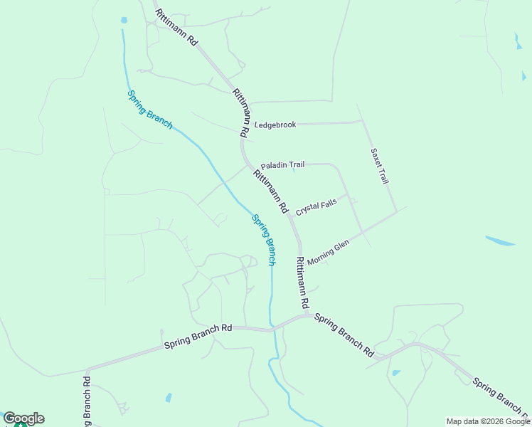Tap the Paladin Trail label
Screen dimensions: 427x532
click(282, 165)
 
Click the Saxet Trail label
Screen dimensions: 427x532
click(379, 166)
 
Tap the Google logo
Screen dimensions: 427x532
click(23, 418)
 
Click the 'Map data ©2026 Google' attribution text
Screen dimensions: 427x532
click(488, 421)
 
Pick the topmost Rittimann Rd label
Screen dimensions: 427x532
click(175, 28)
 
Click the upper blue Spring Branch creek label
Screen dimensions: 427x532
click(149, 110)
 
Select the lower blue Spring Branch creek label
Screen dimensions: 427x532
click(264, 240)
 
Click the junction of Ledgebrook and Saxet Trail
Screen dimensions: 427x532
click(363, 122)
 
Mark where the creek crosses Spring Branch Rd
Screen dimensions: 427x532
click(272, 330)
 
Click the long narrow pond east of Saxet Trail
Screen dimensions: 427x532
click(501, 241)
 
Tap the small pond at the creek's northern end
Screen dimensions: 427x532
click(124, 20)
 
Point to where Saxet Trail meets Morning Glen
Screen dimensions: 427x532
click(396, 212)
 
